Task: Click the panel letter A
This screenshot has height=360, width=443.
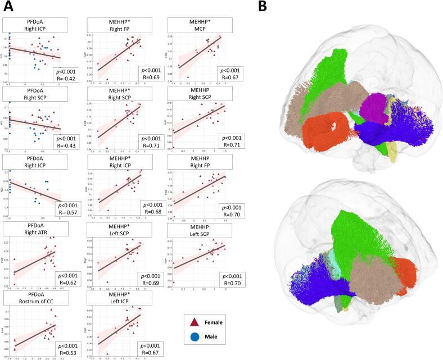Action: tap(8, 7)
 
